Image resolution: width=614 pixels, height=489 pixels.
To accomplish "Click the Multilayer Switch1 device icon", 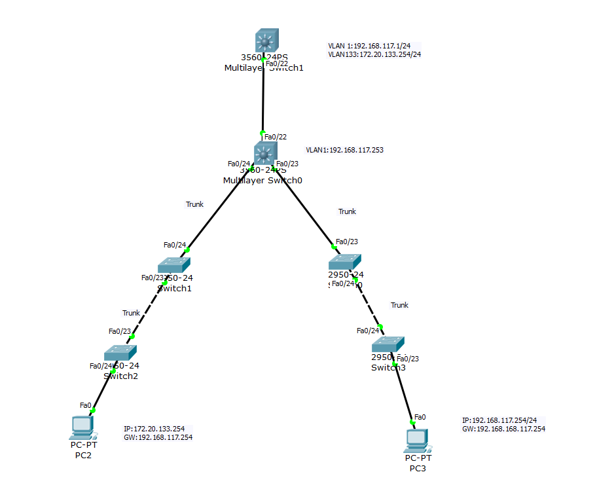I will click(x=266, y=41).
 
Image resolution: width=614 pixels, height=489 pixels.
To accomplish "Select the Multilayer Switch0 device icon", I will click(x=265, y=154).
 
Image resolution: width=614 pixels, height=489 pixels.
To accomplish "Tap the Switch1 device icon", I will click(x=174, y=264).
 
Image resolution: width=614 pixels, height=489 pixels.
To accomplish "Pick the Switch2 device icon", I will click(x=120, y=353).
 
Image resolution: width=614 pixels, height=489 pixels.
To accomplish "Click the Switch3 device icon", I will click(x=388, y=345).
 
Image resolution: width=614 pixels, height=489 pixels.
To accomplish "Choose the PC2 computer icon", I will click(x=82, y=427).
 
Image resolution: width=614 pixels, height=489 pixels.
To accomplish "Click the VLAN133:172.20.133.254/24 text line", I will click(x=374, y=54).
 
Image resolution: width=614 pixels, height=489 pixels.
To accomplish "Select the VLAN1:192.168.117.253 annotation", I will click(x=344, y=150).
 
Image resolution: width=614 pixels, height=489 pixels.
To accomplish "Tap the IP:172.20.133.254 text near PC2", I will click(x=154, y=429).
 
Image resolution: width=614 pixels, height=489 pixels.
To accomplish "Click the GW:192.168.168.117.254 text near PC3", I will click(x=503, y=429).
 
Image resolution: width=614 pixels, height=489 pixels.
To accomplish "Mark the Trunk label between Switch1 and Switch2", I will click(x=131, y=313).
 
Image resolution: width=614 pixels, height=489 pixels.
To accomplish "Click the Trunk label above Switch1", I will click(x=194, y=204).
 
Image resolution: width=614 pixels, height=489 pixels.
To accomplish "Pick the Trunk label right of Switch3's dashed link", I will click(x=399, y=305).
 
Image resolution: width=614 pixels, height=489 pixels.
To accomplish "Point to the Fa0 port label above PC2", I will click(x=85, y=405).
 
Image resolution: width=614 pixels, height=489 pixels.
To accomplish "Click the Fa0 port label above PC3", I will click(x=420, y=417).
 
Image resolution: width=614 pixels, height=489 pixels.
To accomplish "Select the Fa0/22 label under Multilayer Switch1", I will click(x=276, y=63).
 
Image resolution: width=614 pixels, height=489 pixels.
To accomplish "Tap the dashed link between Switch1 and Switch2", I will click(x=148, y=310).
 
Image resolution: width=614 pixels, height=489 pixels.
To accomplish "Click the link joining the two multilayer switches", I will click(x=263, y=98).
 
